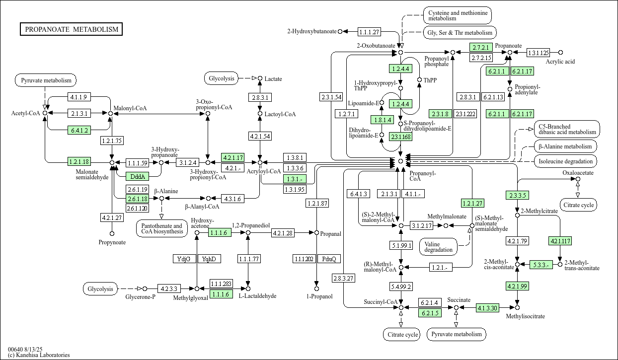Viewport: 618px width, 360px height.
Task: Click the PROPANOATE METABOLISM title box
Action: point(72,29)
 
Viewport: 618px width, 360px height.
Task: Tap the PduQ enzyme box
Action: point(329,259)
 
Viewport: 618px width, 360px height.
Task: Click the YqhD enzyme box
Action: point(209,259)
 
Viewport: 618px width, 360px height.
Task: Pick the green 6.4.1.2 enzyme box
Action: point(79,131)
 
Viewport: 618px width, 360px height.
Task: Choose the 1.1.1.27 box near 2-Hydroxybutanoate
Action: point(369,32)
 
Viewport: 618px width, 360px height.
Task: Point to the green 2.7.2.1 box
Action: point(481,48)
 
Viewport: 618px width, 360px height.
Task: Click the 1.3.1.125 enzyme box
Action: point(538,53)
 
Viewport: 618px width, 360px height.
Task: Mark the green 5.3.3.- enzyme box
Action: point(541,265)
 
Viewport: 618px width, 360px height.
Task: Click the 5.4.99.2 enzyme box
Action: point(401,287)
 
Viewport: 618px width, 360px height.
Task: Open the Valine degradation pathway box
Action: point(439,246)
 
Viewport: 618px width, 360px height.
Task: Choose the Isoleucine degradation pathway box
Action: point(566,161)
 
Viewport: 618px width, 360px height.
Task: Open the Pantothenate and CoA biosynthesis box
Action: point(161,228)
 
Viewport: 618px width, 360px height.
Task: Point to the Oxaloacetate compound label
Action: point(578,173)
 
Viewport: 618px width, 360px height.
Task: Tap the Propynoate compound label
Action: point(112,242)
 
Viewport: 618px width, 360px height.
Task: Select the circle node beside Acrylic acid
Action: point(561,52)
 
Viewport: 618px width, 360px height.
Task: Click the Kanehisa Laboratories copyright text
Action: point(39,355)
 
